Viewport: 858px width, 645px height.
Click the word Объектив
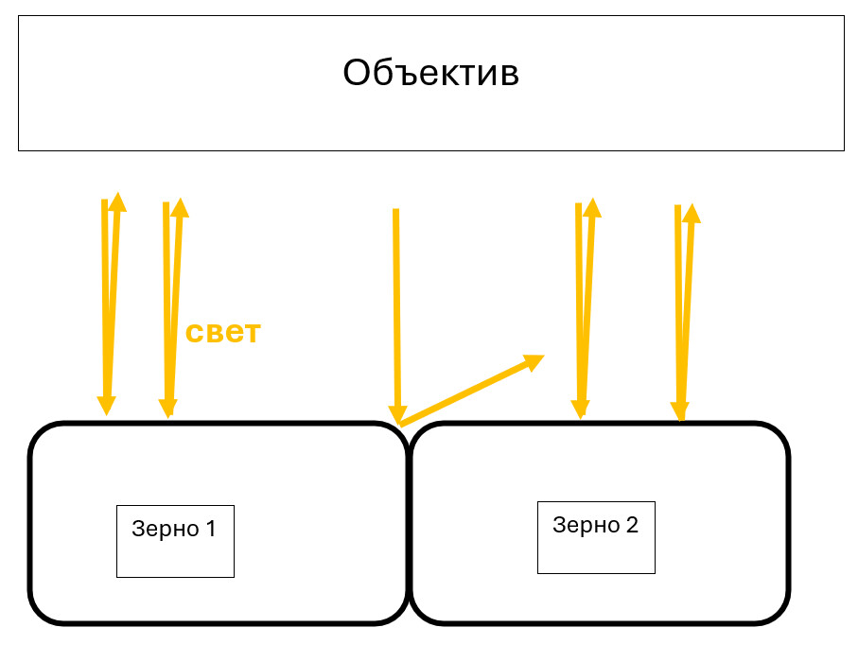[x=430, y=73]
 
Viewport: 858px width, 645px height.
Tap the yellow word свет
[x=222, y=332]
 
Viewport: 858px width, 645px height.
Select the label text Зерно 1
[x=174, y=529]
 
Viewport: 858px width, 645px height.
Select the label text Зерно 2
[x=595, y=525]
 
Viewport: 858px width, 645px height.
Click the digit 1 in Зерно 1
[x=210, y=529]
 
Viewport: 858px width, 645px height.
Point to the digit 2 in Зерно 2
[x=632, y=525]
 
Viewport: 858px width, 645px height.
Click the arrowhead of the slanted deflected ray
[x=534, y=359]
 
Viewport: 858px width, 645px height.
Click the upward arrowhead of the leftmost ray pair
[x=117, y=201]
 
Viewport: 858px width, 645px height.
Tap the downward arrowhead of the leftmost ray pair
[x=107, y=405]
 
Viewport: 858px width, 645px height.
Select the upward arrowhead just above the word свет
[x=179, y=207]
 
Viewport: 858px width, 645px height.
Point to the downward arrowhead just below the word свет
[x=167, y=407]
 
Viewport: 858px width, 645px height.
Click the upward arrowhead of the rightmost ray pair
[x=691, y=212]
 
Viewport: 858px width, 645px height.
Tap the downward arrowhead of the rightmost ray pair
[x=679, y=410]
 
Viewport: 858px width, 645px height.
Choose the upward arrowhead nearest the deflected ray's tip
[x=592, y=207]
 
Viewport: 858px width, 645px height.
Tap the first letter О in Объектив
[x=356, y=73]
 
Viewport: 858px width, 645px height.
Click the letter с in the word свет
[x=194, y=333]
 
